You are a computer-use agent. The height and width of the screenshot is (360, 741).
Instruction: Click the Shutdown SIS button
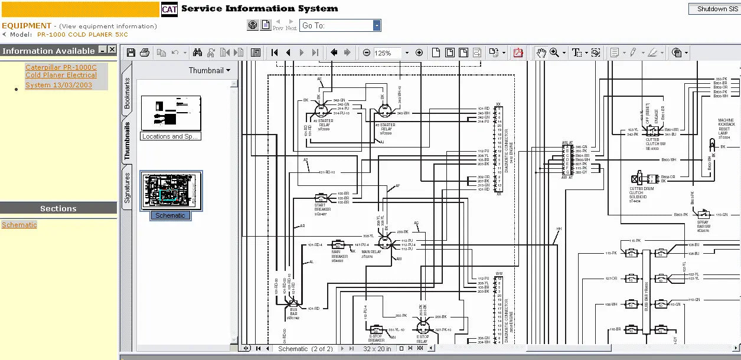pos(713,9)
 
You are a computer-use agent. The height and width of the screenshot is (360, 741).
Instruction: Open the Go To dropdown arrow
pos(376,25)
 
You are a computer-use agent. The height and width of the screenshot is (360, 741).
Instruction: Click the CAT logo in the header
pos(169,9)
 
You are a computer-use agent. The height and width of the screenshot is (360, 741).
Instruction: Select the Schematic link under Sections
pos(19,225)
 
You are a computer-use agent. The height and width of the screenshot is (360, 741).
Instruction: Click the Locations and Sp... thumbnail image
pos(171,113)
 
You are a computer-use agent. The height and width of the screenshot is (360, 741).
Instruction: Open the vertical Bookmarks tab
pos(127,93)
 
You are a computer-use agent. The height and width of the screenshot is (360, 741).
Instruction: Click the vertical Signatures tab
pos(127,188)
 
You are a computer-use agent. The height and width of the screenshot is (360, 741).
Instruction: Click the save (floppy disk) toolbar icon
pos(131,53)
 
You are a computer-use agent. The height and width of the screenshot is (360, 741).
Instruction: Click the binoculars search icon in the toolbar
pos(197,53)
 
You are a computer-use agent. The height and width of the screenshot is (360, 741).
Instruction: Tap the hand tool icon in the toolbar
pos(541,53)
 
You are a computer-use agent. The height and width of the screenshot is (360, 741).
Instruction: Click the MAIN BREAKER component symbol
pos(338,244)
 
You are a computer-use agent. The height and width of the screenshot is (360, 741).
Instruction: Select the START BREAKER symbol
pos(322,198)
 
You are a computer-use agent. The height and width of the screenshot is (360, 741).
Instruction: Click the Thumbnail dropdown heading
pos(209,70)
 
